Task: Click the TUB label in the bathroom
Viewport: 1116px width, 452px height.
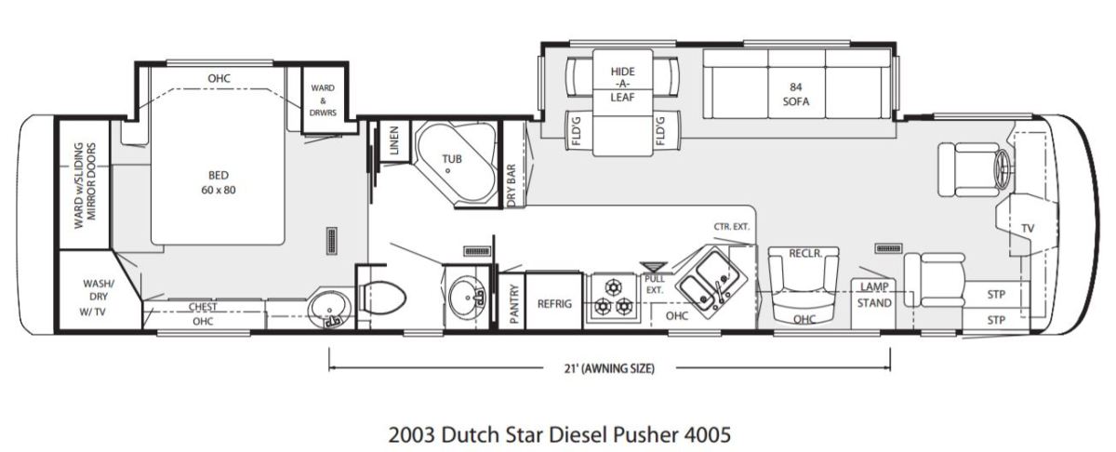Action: (x=452, y=159)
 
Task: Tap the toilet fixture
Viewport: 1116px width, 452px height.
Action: (x=381, y=298)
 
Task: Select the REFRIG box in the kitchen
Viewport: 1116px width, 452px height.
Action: (x=554, y=300)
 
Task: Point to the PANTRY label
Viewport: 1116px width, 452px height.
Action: (x=514, y=304)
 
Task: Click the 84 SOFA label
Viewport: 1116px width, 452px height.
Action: (x=796, y=94)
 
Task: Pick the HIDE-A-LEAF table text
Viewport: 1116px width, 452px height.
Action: (x=623, y=85)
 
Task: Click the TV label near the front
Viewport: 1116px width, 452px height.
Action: (x=1028, y=228)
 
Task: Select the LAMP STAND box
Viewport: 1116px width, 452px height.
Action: (x=874, y=303)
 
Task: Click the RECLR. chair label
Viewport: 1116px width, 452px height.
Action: (x=805, y=254)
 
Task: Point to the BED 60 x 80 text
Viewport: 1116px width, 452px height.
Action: (x=219, y=182)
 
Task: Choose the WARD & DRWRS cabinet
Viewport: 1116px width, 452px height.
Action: (x=323, y=100)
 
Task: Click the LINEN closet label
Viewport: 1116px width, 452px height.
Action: (x=394, y=140)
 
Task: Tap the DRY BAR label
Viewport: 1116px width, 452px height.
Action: (x=511, y=185)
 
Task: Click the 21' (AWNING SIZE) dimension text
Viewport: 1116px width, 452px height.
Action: (x=609, y=368)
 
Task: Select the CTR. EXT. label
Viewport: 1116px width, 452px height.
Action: (x=731, y=227)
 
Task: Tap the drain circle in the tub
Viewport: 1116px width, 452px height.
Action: (x=448, y=170)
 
